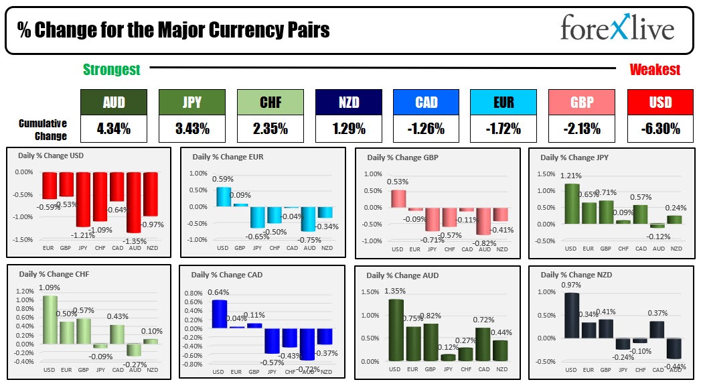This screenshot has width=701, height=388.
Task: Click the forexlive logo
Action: click(617, 29)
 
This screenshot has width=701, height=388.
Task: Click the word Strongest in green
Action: click(111, 70)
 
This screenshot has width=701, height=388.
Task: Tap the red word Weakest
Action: click(654, 70)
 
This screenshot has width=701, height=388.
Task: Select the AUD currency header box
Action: click(113, 102)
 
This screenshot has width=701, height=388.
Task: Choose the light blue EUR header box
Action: click(503, 102)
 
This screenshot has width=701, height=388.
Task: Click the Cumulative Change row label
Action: click(42, 129)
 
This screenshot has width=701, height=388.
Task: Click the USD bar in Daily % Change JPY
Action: click(570, 203)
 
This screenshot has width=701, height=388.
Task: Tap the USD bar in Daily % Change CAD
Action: click(219, 314)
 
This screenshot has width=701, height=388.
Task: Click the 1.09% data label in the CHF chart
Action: click(50, 287)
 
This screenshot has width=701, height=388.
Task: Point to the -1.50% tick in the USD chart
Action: click(23, 239)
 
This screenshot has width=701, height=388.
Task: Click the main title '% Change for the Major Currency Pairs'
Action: click(173, 30)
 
